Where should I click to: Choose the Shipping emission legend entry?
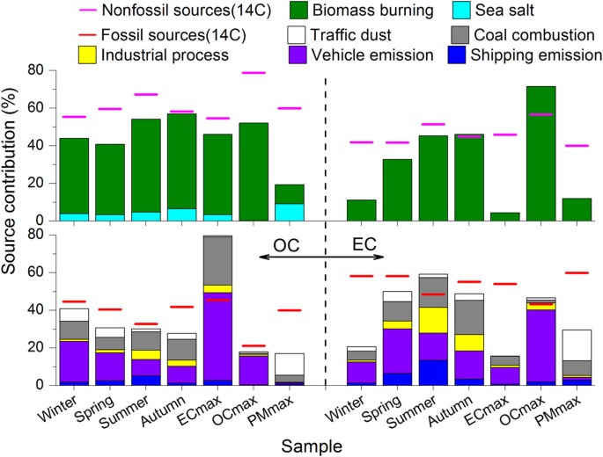[x=547, y=54]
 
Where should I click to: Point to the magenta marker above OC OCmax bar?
[x=252, y=73]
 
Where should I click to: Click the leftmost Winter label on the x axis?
[x=63, y=406]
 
